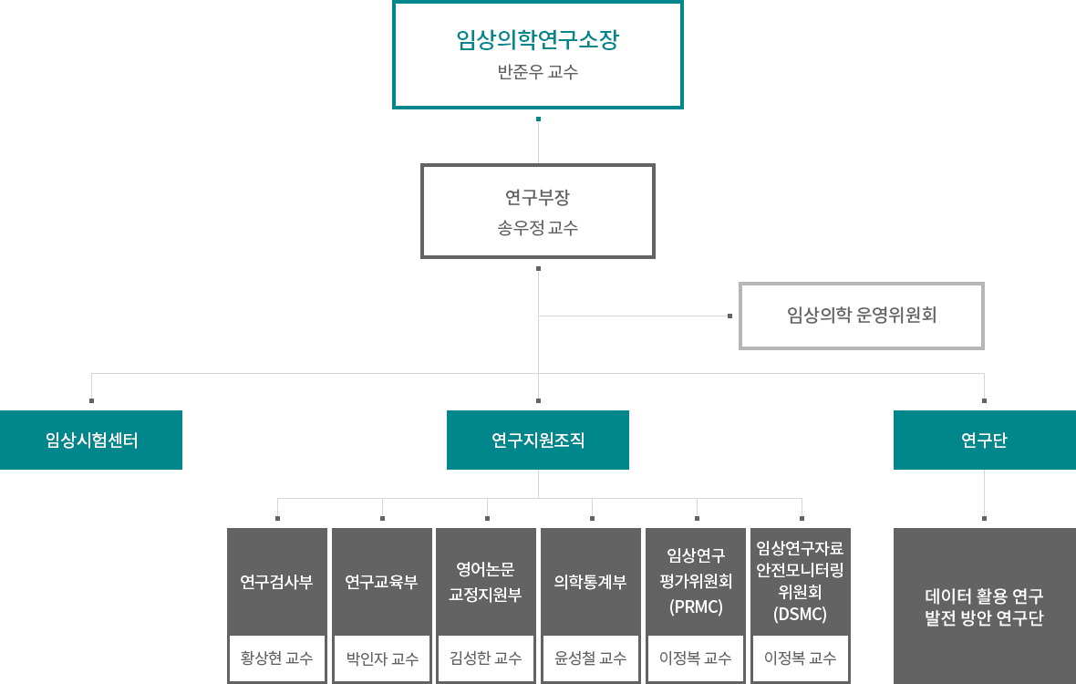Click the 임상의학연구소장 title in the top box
(x=537, y=39)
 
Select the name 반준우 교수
(x=537, y=71)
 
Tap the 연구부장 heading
(x=537, y=198)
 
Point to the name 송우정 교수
(x=537, y=228)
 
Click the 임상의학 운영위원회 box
(x=861, y=316)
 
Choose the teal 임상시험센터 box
(x=91, y=440)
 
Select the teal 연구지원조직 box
(x=537, y=440)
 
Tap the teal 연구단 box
(x=985, y=440)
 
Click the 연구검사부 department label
(x=276, y=582)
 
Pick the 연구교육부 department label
(x=381, y=582)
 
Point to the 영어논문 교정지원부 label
(x=486, y=582)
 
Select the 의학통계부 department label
(x=591, y=582)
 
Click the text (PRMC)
(x=696, y=607)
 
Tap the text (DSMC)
(x=800, y=614)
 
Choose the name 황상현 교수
(x=276, y=658)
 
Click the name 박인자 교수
(x=381, y=658)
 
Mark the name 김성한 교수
(x=486, y=658)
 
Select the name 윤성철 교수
(x=591, y=658)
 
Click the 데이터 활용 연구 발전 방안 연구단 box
(x=985, y=606)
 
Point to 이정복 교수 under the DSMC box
(x=800, y=658)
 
